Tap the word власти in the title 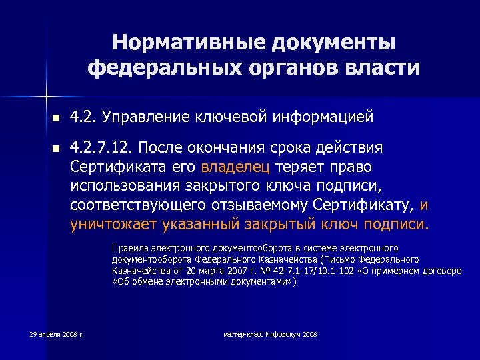coord(382,67)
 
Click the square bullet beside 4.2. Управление coord(56,119)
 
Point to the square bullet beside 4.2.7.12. coord(56,148)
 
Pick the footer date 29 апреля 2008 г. coord(57,333)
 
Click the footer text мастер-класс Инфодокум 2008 coord(270,333)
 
